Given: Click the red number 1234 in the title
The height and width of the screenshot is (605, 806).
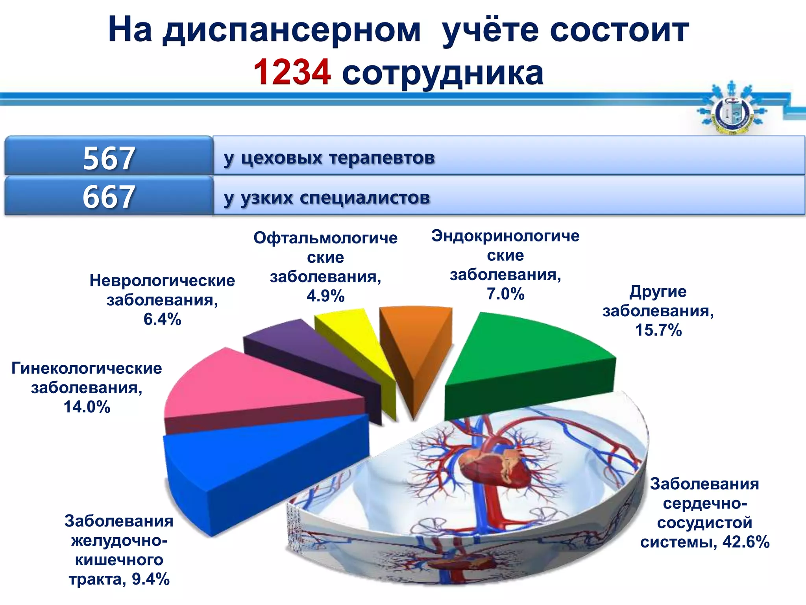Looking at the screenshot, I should pos(292,72).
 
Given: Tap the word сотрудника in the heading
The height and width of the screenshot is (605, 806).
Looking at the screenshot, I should pos(442,73).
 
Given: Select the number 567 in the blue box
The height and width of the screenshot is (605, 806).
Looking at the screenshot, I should pos(109,158).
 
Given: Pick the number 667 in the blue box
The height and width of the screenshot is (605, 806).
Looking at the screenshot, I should pos(109,197).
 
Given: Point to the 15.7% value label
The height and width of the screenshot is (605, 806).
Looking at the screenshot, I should pos(658,330).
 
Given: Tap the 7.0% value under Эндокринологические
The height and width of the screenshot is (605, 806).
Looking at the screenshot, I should pos(505,294).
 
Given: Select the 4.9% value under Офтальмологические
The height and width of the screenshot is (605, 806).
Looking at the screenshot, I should pos(325,296).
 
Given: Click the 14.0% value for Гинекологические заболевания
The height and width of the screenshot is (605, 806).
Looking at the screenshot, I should pos(87,407).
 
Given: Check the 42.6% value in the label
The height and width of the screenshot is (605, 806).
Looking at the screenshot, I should pos(746,542).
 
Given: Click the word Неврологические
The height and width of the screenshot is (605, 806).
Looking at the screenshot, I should pos(162,281).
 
